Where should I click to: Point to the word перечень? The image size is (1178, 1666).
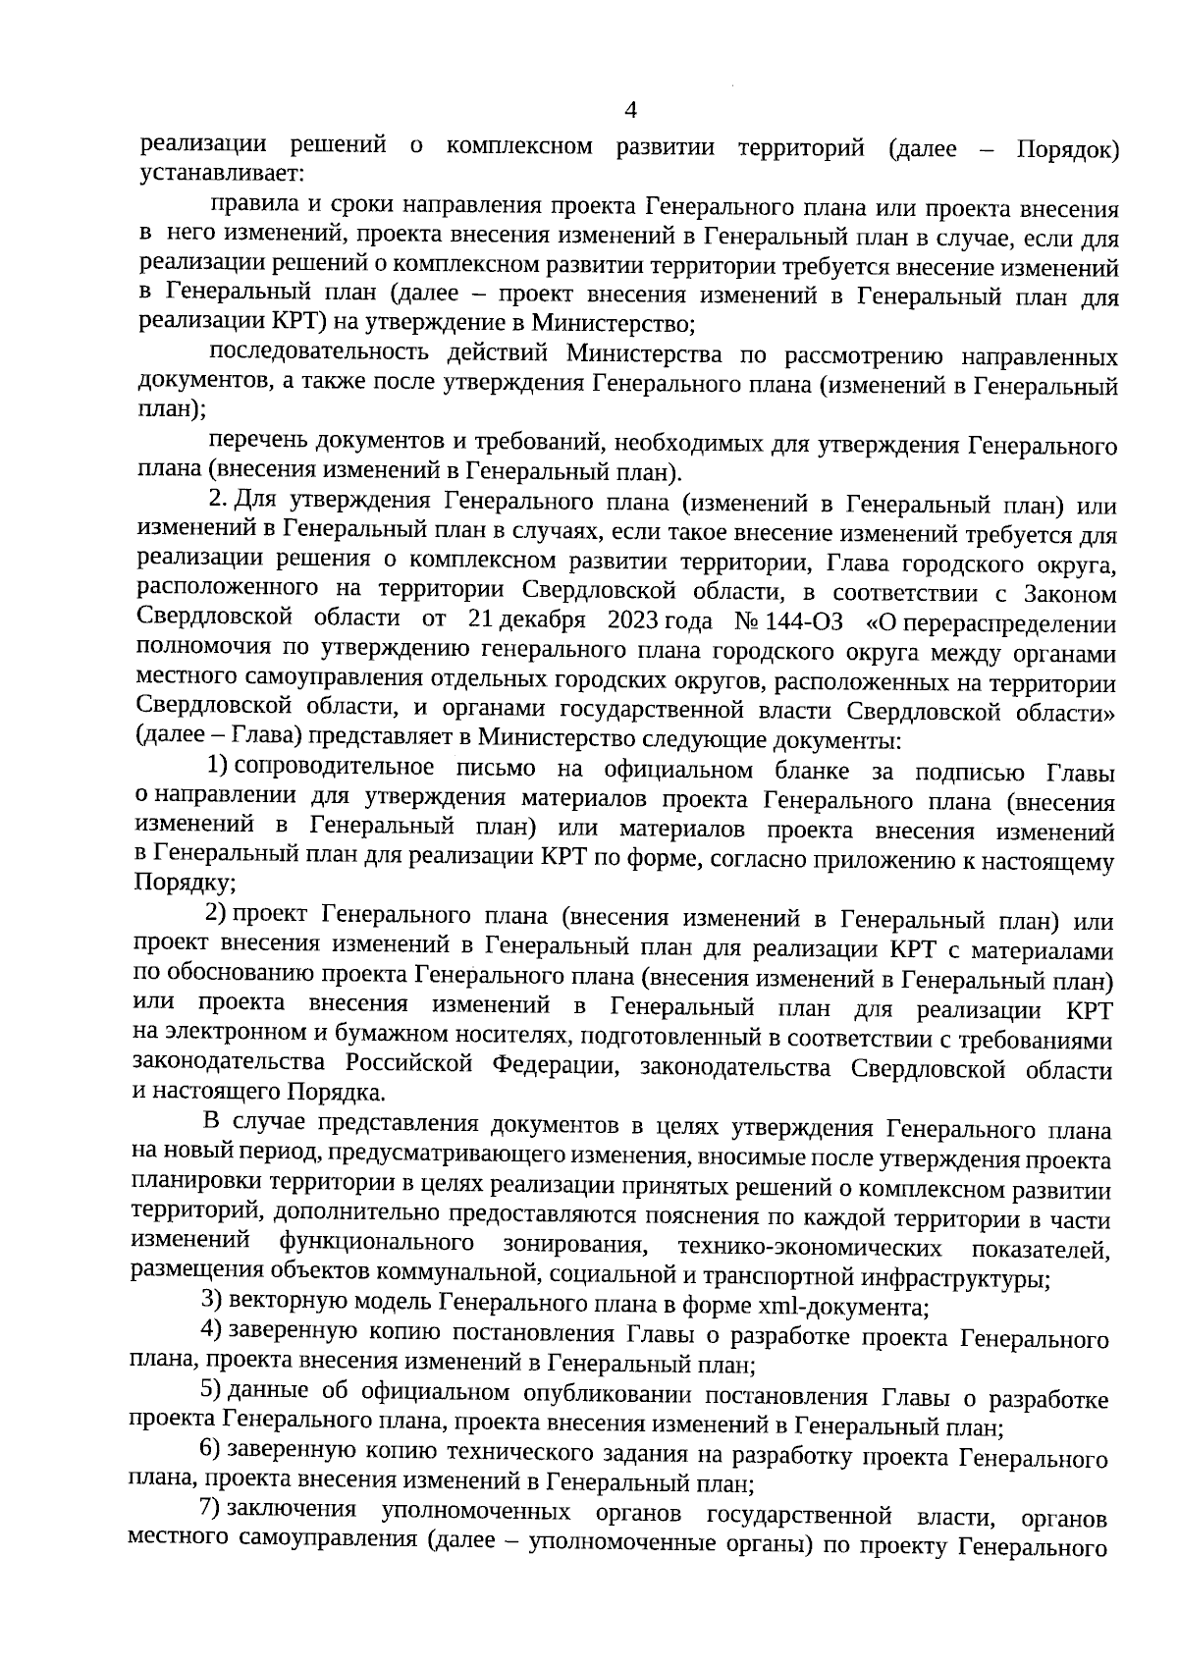pos(252,444)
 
